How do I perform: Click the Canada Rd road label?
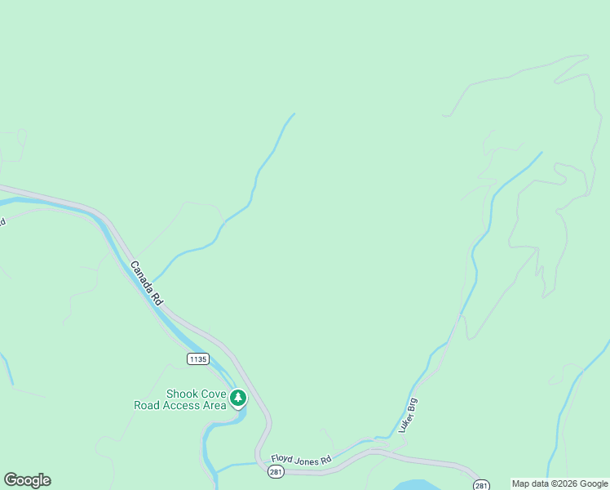coord(146,284)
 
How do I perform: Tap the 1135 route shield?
coord(197,359)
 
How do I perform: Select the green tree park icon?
coord(238,399)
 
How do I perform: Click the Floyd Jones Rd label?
coord(302,460)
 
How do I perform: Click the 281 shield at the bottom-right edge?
coord(482,485)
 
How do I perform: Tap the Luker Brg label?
coord(408,415)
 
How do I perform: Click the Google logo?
coord(27,480)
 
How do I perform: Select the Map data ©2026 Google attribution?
coord(559,484)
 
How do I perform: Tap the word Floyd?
coord(282,459)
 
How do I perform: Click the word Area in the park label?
coord(214,405)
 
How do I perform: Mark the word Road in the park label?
coord(148,405)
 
